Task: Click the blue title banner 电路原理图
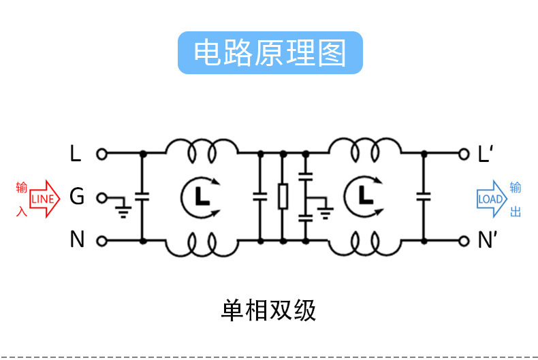pyautogui.click(x=270, y=52)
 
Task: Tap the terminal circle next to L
pyautogui.click(x=101, y=154)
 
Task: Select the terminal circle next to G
pyautogui.click(x=101, y=197)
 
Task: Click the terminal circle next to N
pyautogui.click(x=101, y=241)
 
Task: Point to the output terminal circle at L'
pyautogui.click(x=465, y=154)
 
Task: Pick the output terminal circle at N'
pyautogui.click(x=465, y=241)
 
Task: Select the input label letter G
pyautogui.click(x=77, y=197)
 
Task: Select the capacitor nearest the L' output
pyautogui.click(x=424, y=197)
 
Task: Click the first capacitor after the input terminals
pyautogui.click(x=142, y=197)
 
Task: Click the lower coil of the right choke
pyautogui.click(x=365, y=245)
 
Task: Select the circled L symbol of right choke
pyautogui.click(x=365, y=197)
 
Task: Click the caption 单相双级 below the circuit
pyautogui.click(x=269, y=310)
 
